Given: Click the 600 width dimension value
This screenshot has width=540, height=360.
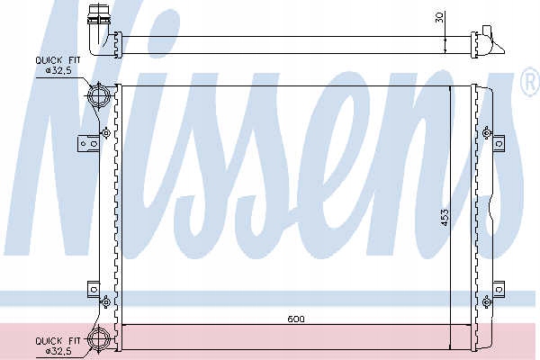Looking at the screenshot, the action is [296, 319].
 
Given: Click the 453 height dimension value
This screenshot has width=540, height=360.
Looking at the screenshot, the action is [445, 218].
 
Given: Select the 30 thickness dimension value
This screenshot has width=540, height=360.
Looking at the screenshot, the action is [439, 17].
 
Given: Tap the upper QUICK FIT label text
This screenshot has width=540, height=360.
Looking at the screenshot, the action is [58, 60].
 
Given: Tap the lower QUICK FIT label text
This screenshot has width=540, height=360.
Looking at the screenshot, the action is [58, 341].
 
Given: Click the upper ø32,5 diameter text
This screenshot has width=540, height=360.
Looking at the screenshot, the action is [58, 70].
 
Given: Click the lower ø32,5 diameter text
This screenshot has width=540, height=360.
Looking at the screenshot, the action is [58, 351].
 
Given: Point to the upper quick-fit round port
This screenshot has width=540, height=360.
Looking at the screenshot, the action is [98, 95].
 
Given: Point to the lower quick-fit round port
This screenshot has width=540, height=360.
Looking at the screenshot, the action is [98, 339].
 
